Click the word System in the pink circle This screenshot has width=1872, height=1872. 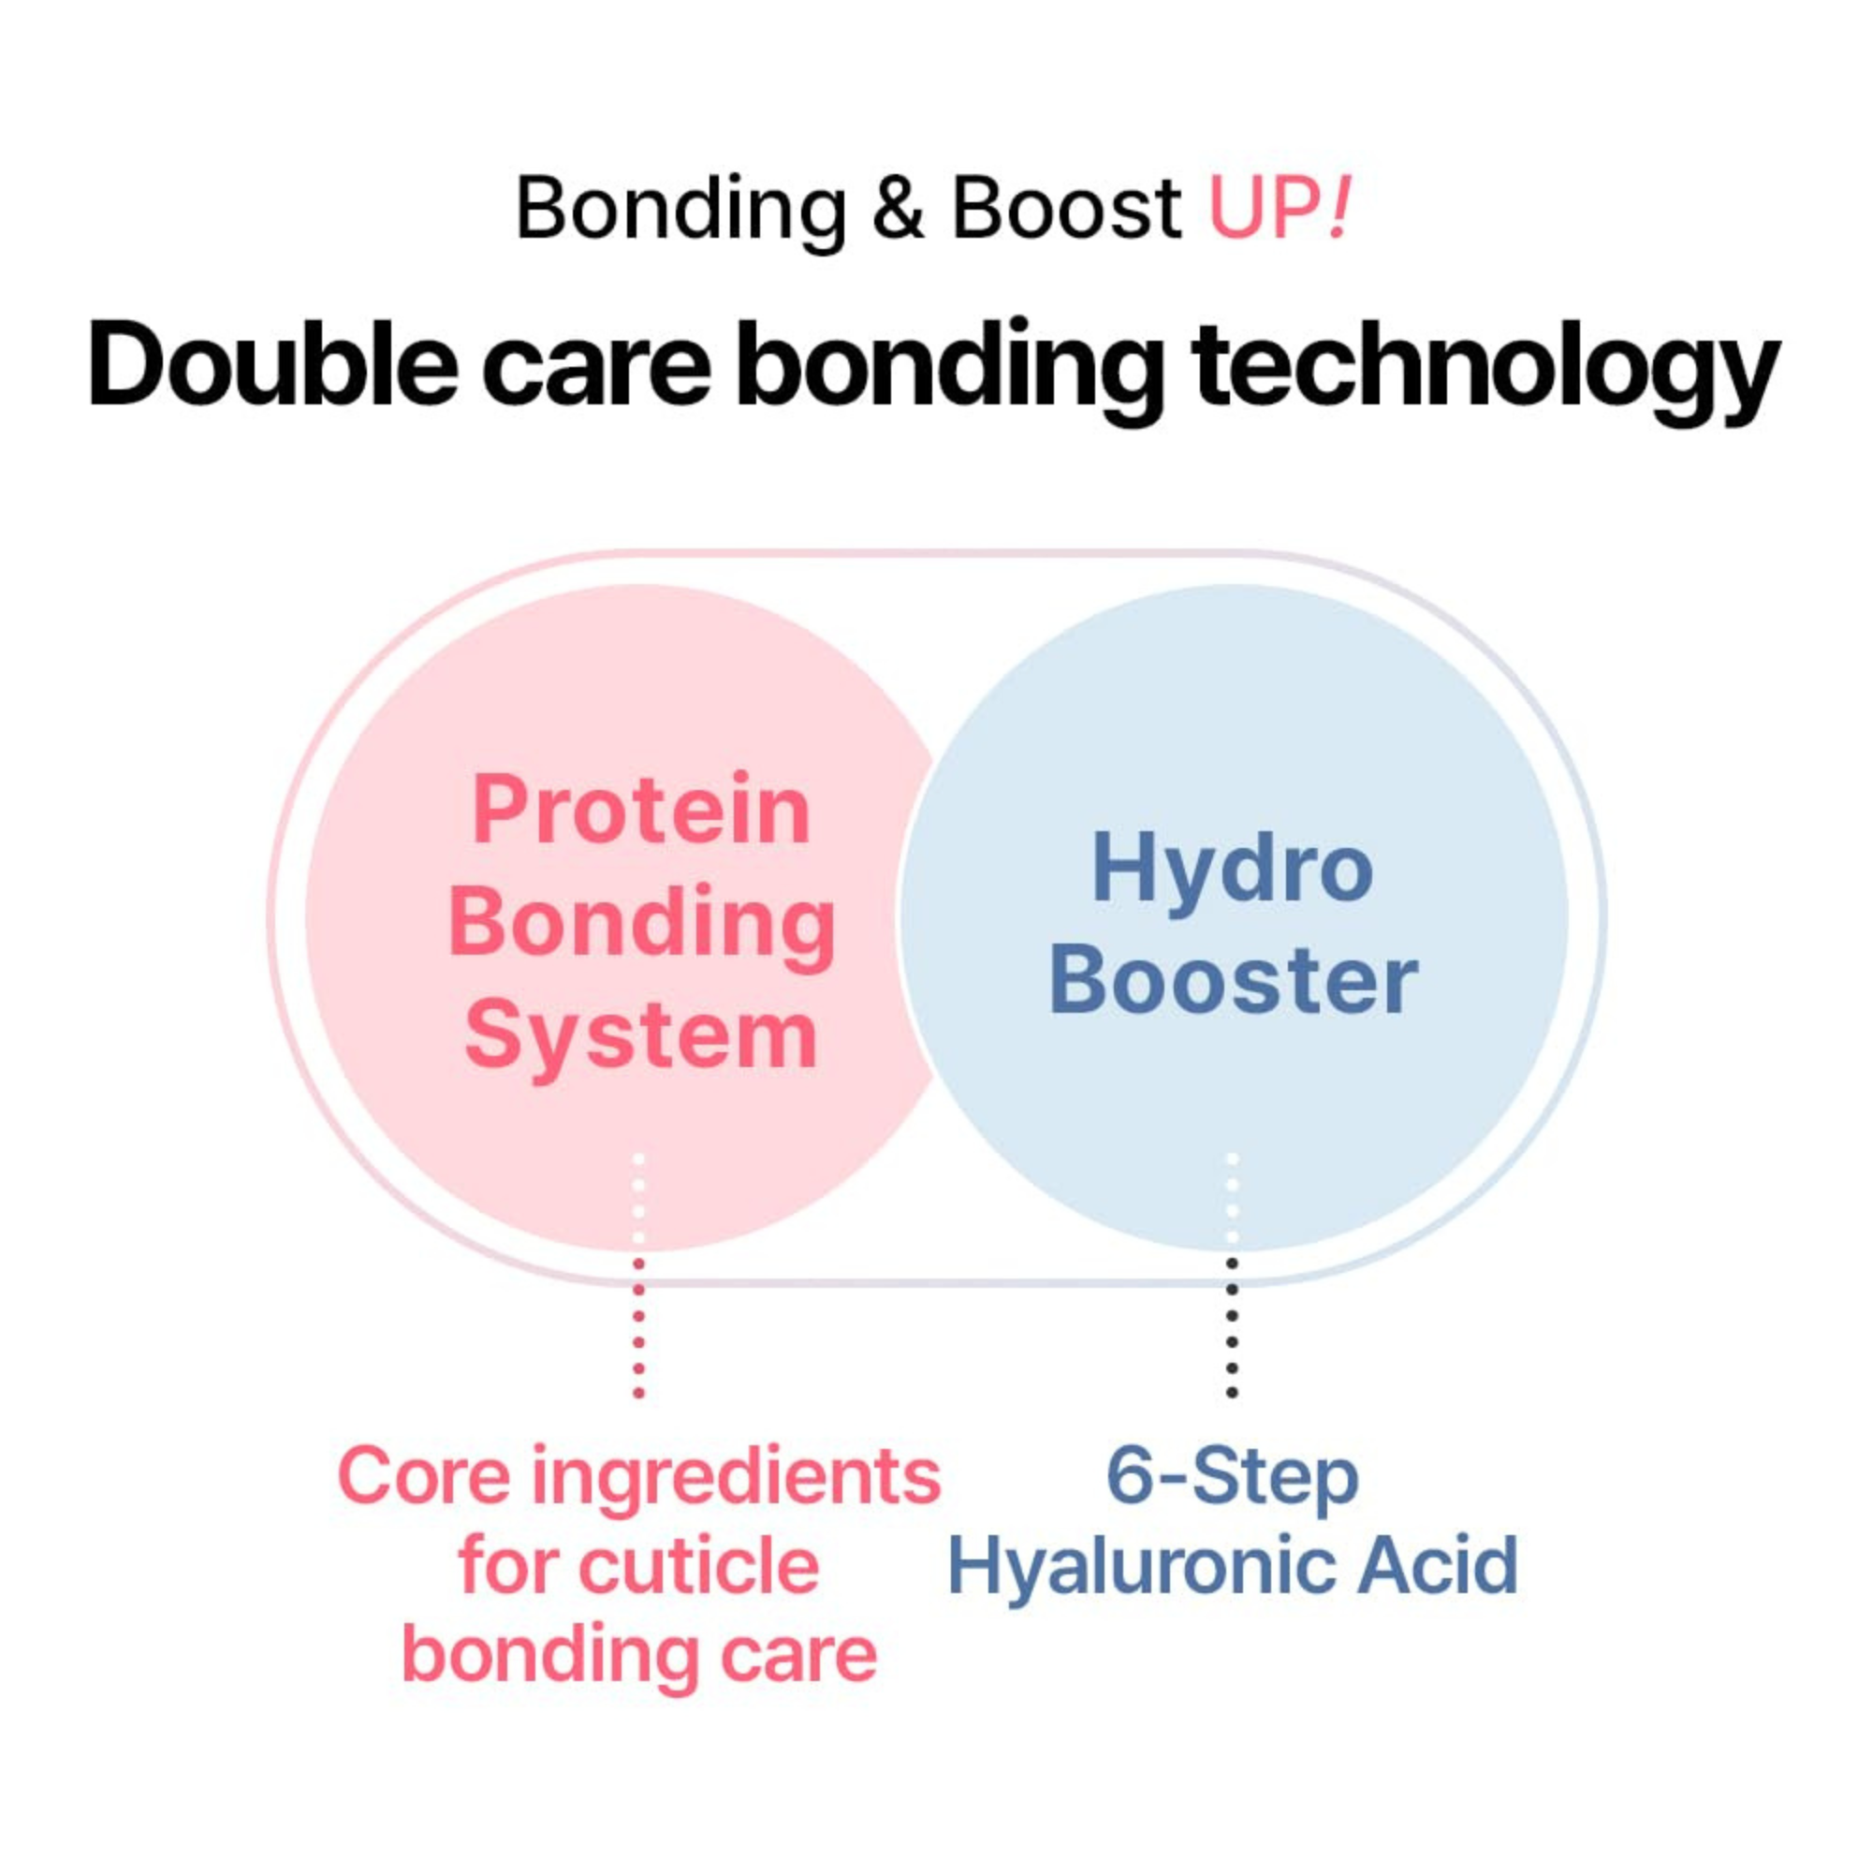[640, 1037]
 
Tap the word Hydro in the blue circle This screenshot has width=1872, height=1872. [1232, 870]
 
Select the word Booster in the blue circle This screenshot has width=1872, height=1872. [1233, 982]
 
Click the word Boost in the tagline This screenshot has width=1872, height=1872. [1066, 208]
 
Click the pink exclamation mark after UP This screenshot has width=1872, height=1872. [1339, 208]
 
